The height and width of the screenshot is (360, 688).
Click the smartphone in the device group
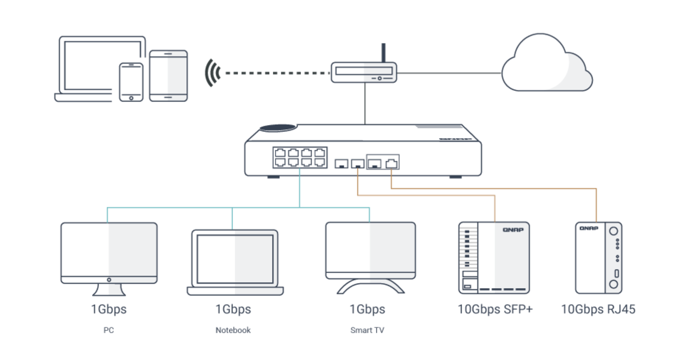click(x=131, y=82)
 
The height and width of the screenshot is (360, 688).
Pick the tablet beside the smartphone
click(x=168, y=76)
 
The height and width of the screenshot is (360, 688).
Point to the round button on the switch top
click(x=278, y=128)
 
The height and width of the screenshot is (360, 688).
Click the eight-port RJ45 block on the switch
click(x=300, y=157)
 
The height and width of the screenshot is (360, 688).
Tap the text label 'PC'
click(x=109, y=330)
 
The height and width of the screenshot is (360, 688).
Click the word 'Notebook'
click(x=233, y=330)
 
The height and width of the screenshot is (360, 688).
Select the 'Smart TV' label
click(x=367, y=330)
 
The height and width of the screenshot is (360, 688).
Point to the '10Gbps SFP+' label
click(x=495, y=309)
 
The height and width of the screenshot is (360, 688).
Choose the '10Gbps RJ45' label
click(x=598, y=309)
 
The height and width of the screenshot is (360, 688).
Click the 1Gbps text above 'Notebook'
click(x=233, y=309)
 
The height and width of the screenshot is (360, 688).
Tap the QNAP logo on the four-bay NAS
click(x=513, y=230)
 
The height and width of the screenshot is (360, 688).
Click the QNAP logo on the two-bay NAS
click(x=589, y=228)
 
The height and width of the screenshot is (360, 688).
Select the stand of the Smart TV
click(x=370, y=286)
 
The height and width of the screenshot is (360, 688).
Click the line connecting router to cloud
click(x=449, y=73)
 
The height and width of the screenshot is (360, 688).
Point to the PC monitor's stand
click(x=109, y=290)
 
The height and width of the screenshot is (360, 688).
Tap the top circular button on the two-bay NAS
click(x=613, y=231)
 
